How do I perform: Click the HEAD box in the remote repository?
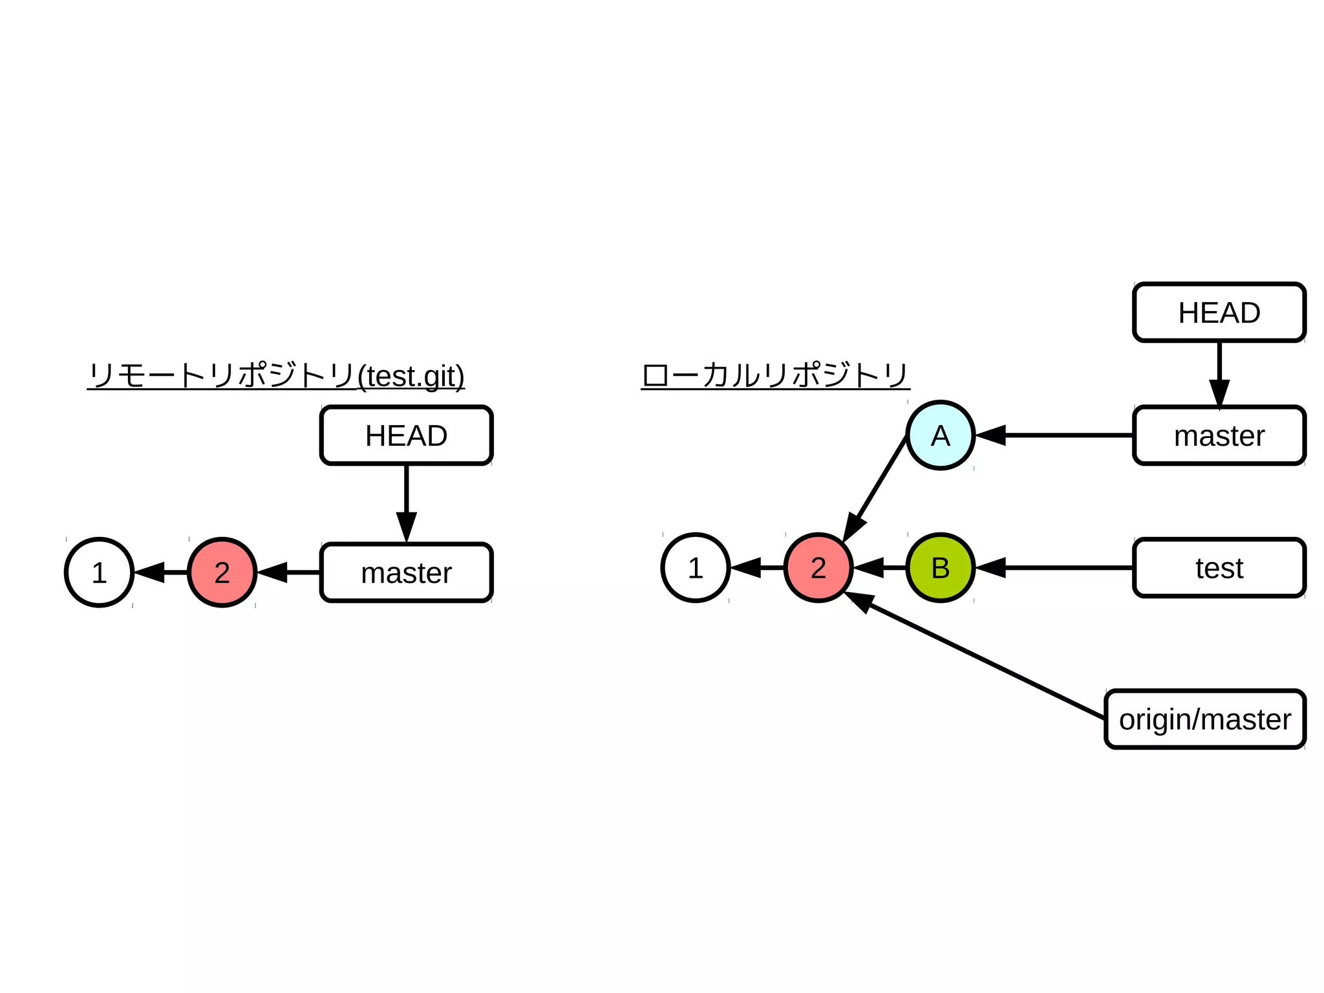pyautogui.click(x=406, y=435)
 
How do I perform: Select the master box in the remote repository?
pyautogui.click(x=406, y=573)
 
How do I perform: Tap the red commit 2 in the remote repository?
pyautogui.click(x=222, y=573)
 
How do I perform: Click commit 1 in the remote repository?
pyautogui.click(x=99, y=573)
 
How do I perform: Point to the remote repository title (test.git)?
pyautogui.click(x=276, y=376)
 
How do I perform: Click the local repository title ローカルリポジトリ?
pyautogui.click(x=775, y=376)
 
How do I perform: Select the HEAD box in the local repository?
pyautogui.click(x=1219, y=312)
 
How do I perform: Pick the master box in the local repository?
pyautogui.click(x=1219, y=435)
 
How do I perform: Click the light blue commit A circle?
pyautogui.click(x=940, y=435)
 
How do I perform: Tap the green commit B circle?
pyautogui.click(x=940, y=568)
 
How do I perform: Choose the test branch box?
pyautogui.click(x=1219, y=568)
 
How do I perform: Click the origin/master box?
pyautogui.click(x=1205, y=719)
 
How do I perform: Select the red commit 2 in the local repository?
pyautogui.click(x=818, y=568)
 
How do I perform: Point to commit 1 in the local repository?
pyautogui.click(x=696, y=568)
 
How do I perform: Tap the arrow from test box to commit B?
pyautogui.click(x=1054, y=568)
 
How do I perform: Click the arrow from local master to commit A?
pyautogui.click(x=1054, y=435)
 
